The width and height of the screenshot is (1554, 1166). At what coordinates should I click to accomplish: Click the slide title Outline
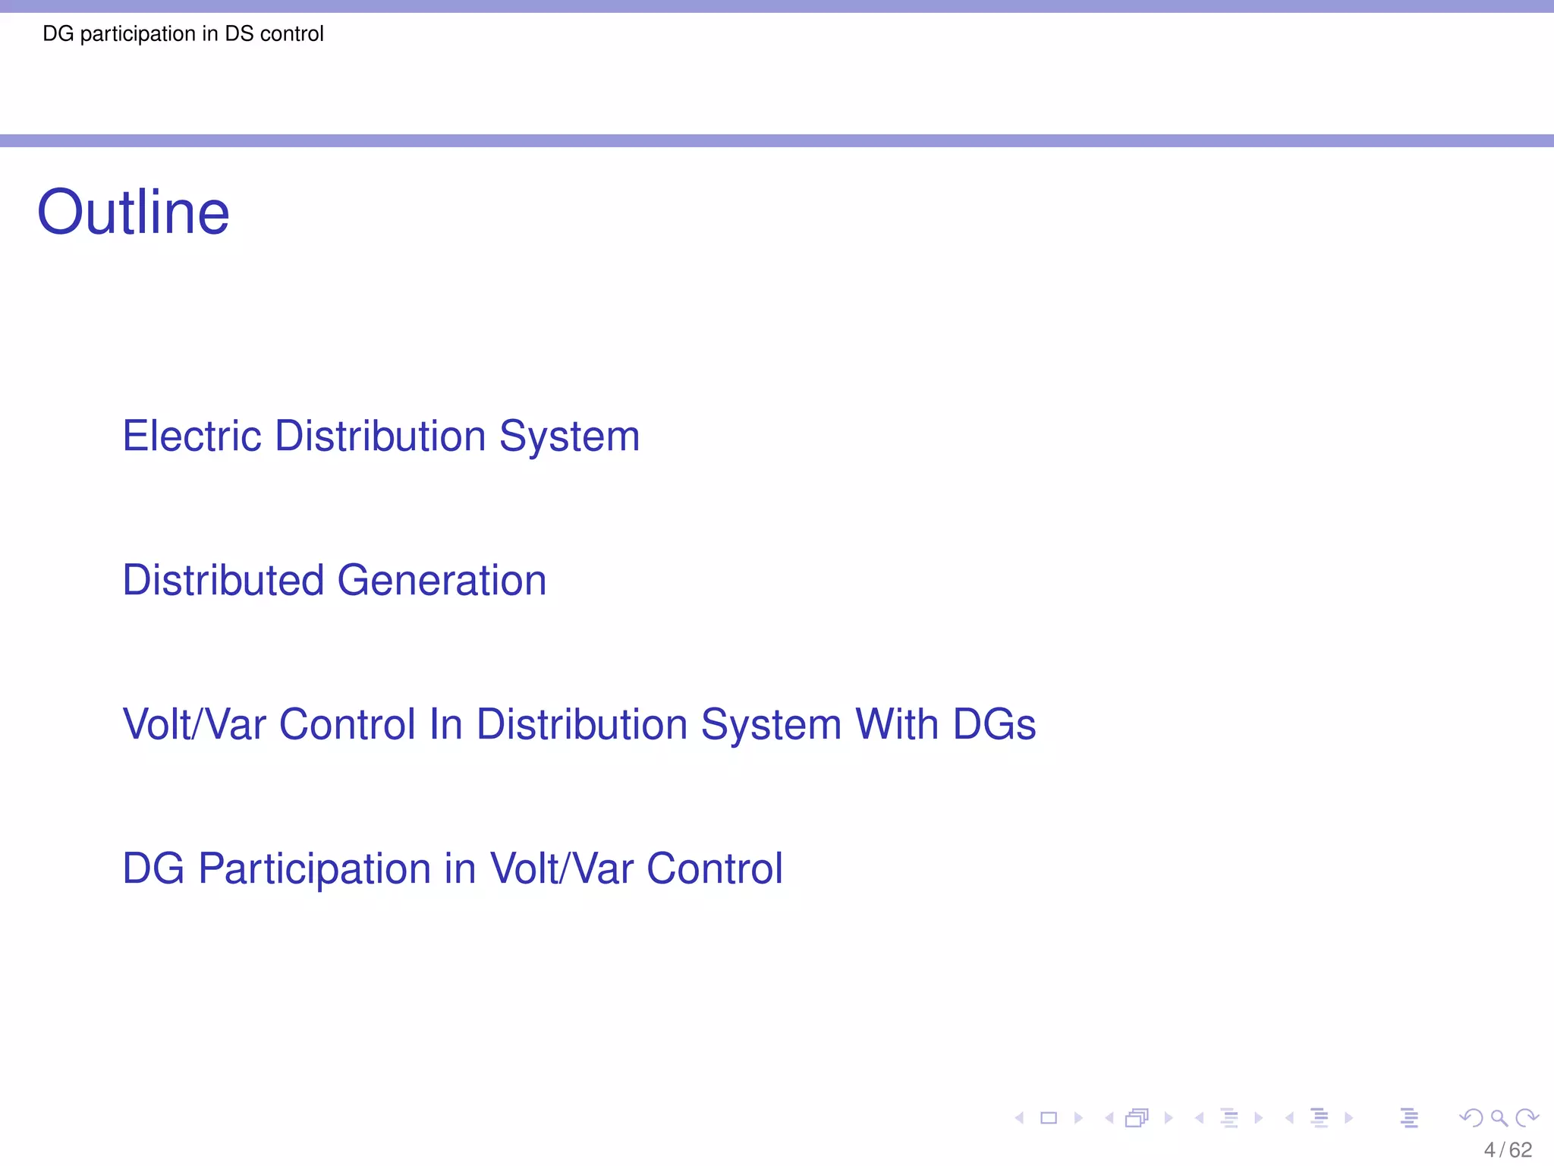[x=133, y=213]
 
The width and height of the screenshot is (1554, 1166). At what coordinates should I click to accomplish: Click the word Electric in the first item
[x=193, y=436]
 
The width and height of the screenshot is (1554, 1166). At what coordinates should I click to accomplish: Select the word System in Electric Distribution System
[x=569, y=436]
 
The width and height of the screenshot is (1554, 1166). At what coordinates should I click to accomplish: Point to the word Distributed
[x=223, y=581]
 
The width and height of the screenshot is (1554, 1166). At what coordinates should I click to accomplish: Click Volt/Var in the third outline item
[x=194, y=724]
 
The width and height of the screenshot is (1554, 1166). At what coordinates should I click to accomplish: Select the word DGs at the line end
[x=994, y=724]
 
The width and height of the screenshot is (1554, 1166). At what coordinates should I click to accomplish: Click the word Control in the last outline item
[x=714, y=868]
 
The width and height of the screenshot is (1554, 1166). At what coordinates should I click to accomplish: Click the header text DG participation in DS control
[x=183, y=34]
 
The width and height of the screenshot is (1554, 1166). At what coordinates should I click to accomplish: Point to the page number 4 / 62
[x=1507, y=1150]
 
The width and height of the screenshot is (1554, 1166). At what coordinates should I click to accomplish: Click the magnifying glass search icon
[x=1499, y=1118]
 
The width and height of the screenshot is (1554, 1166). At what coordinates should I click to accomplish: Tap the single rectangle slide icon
[x=1049, y=1118]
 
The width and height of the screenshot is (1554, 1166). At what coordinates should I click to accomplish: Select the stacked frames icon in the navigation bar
[x=1137, y=1118]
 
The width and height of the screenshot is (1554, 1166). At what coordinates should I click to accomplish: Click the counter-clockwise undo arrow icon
[x=1471, y=1117]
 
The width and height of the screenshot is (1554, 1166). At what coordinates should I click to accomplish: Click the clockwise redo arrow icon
[x=1527, y=1117]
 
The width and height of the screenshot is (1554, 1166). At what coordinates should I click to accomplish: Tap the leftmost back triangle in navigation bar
[x=1020, y=1118]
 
